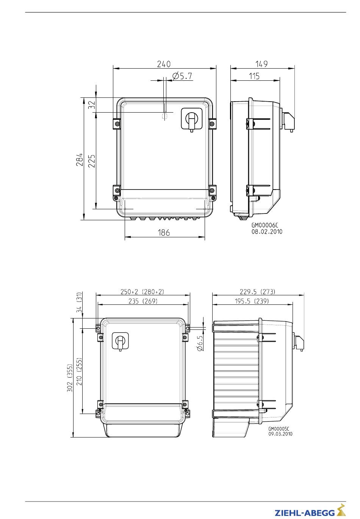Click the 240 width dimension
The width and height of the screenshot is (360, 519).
pos(164,64)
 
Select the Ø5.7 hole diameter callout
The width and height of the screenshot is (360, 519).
pos(182,76)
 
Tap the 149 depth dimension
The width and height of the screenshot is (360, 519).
pos(261,64)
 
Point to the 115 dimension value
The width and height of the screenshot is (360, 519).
pos(254,76)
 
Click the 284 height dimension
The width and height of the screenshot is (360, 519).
pos(80,159)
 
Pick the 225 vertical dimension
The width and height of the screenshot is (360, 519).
pos(92,161)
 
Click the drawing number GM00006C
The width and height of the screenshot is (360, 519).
pos(265,225)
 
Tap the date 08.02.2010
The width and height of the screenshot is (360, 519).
pos(267,231)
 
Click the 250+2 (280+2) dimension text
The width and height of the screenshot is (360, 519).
pos(142,292)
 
